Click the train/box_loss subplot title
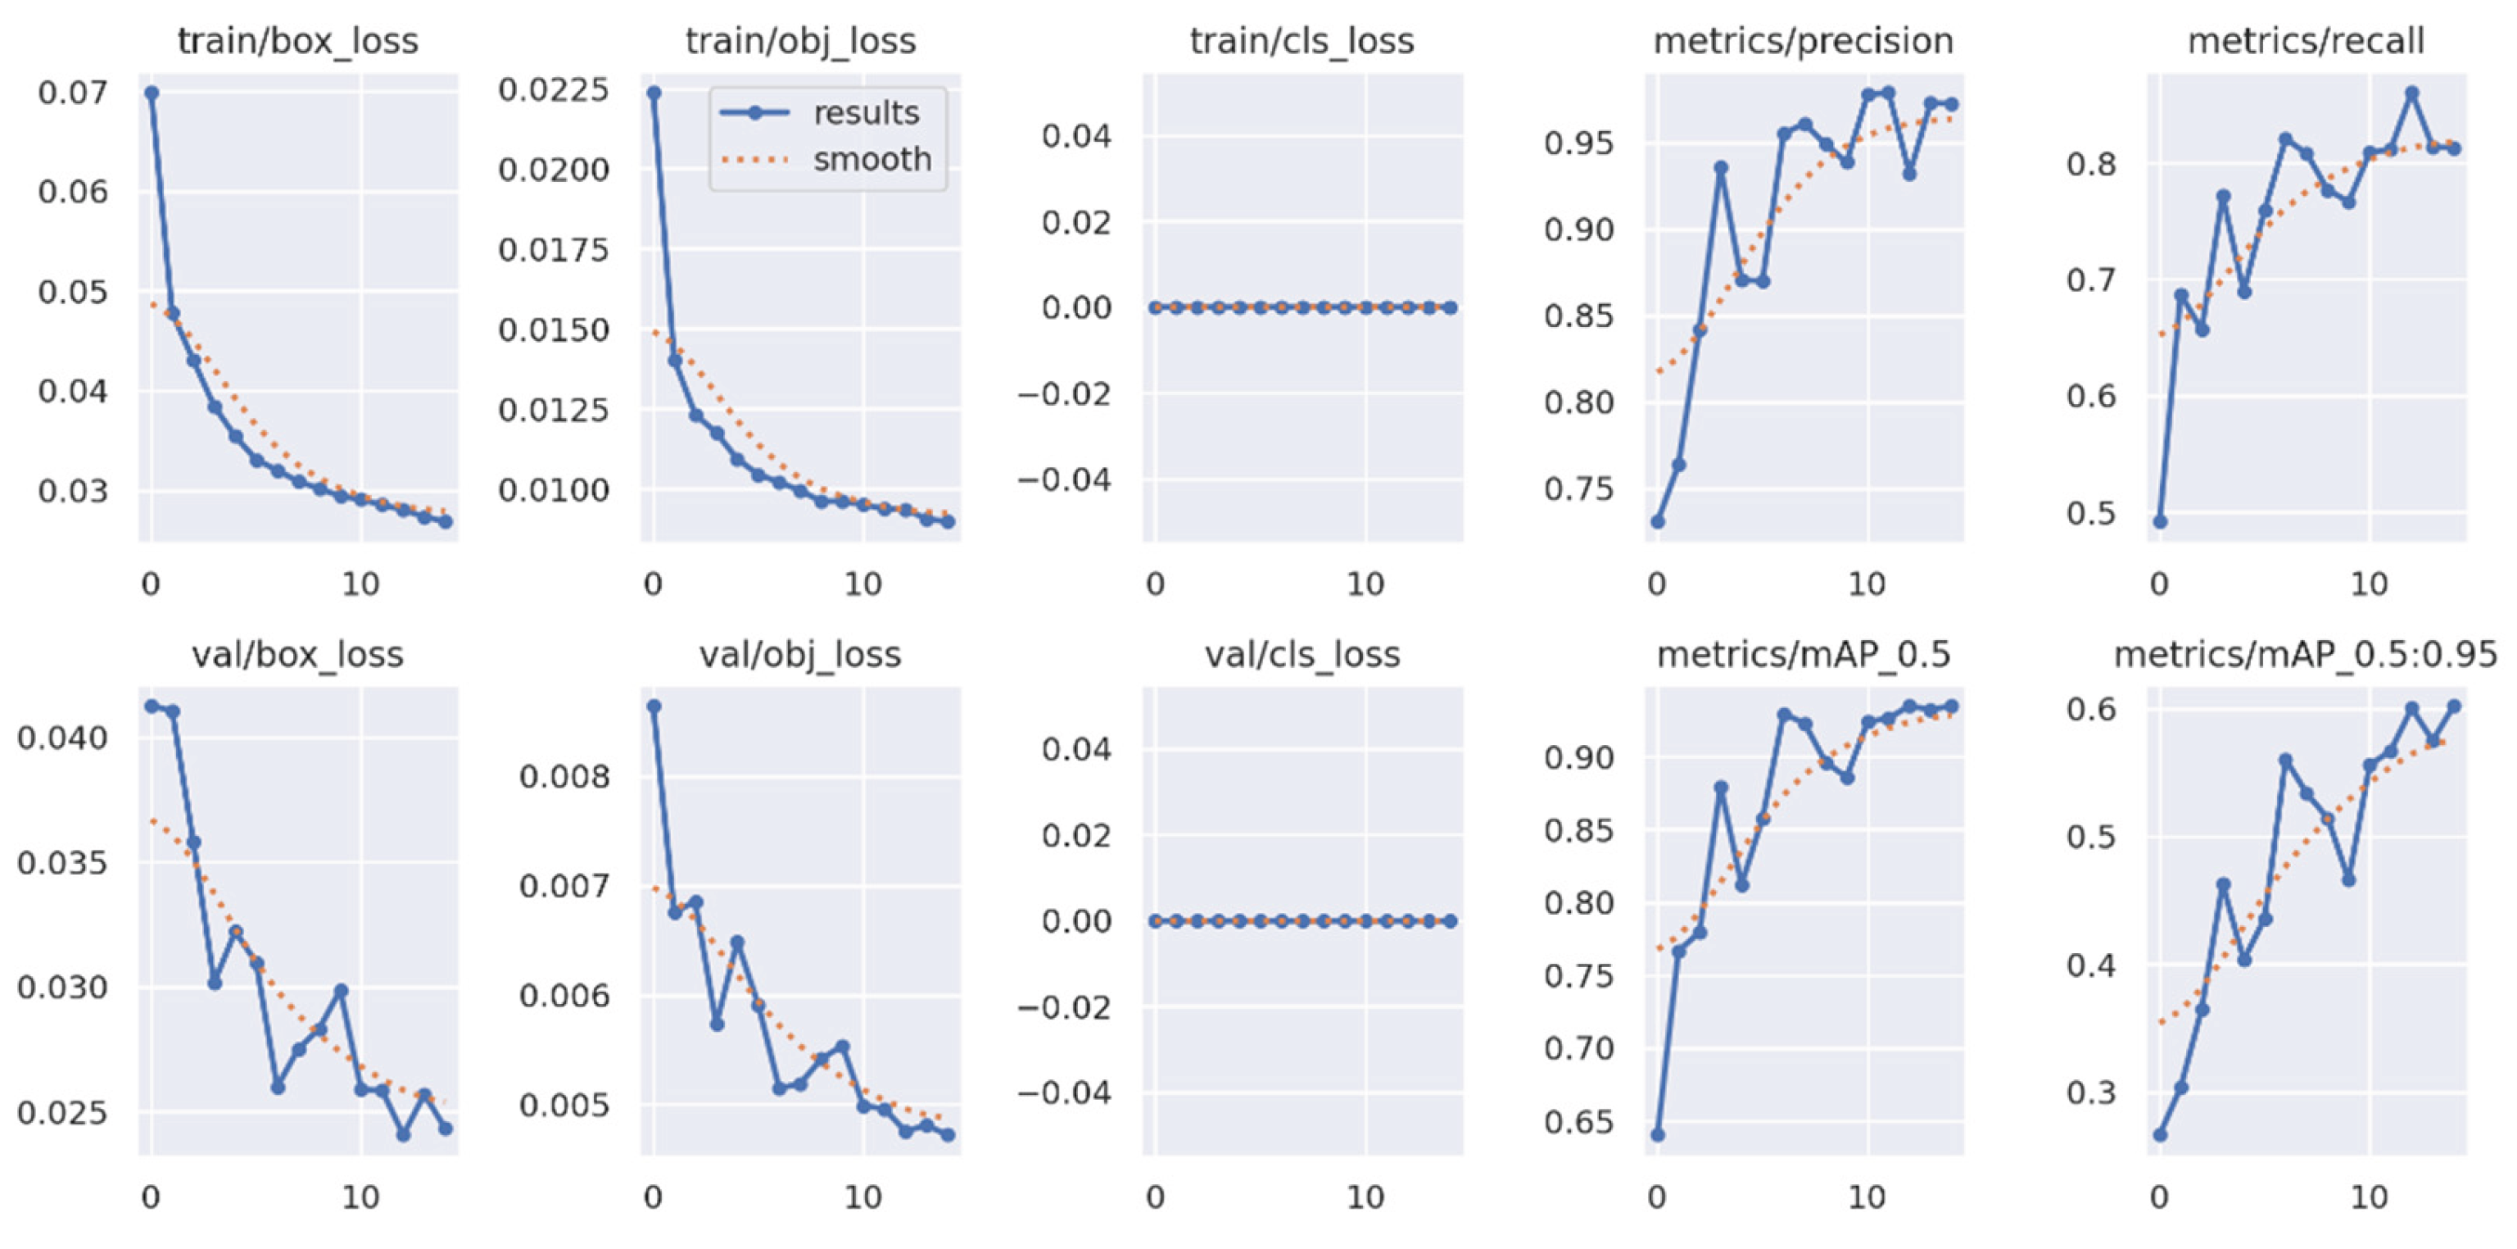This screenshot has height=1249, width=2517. [297, 41]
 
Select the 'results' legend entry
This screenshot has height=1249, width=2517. [866, 113]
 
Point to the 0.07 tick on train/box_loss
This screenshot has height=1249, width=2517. [72, 93]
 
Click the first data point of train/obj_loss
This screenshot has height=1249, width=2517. [654, 93]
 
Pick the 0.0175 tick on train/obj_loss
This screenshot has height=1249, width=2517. [553, 250]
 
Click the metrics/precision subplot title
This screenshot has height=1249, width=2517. [1803, 41]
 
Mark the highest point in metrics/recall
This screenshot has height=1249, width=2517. [2411, 93]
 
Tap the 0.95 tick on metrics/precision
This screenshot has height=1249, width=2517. [1579, 143]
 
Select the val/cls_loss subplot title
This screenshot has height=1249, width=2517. [1302, 654]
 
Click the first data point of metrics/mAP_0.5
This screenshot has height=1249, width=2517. [1658, 1134]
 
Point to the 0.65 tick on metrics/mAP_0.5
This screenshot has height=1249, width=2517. [1579, 1121]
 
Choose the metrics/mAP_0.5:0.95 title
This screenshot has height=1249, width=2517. [2305, 654]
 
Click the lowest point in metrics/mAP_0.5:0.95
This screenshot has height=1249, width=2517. [2161, 1134]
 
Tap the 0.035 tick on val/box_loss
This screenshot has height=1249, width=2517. [62, 863]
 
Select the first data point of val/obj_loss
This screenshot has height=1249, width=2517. [654, 706]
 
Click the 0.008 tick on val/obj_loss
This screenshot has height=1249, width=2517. [564, 777]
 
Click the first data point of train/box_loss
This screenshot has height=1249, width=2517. [152, 93]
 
